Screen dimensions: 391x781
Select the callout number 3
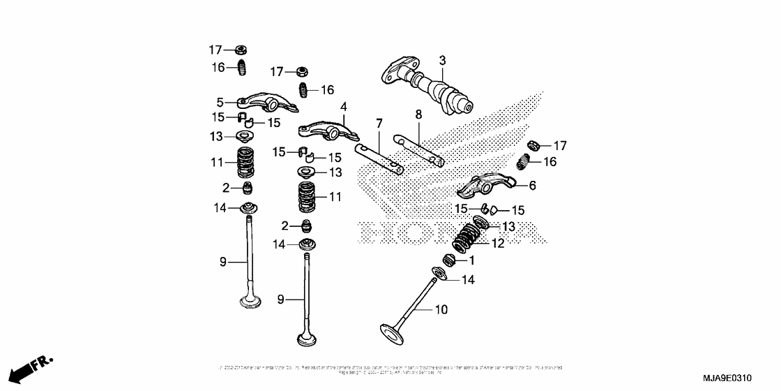click(x=442, y=61)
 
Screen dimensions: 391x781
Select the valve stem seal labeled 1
click(x=450, y=260)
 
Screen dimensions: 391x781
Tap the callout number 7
click(x=379, y=124)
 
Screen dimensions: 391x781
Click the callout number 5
click(x=219, y=102)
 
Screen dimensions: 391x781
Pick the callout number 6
click(x=532, y=185)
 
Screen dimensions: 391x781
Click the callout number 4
click(x=343, y=107)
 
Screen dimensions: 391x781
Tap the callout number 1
click(x=471, y=260)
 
